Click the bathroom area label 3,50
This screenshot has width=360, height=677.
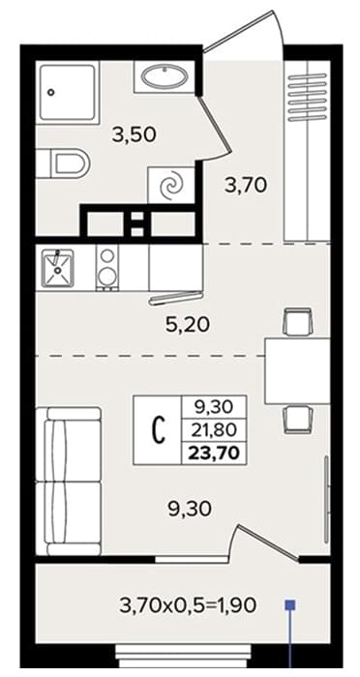[134, 135]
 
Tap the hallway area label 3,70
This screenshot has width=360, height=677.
[246, 186]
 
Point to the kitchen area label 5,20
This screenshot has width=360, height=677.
[189, 325]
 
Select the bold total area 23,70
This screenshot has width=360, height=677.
[215, 454]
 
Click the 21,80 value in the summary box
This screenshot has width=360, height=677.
[215, 430]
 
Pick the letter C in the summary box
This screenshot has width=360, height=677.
[160, 430]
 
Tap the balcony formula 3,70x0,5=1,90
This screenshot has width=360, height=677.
[188, 605]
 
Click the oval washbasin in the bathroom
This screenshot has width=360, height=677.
[164, 76]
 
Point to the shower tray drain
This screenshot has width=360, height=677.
[51, 92]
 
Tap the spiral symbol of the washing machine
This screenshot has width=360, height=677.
[171, 186]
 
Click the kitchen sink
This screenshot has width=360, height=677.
[57, 268]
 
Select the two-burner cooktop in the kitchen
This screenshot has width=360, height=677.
[106, 268]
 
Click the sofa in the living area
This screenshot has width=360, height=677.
[69, 481]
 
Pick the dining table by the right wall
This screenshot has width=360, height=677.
[298, 371]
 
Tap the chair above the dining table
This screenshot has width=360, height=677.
[298, 322]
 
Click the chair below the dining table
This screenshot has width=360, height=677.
[298, 420]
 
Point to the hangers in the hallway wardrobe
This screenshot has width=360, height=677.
[308, 97]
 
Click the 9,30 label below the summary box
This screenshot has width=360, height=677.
[190, 509]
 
